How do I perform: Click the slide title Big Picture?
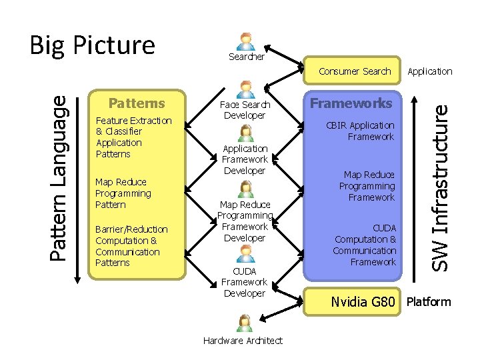coord(92,45)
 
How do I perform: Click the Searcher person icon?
coord(246,41)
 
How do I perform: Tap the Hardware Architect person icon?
coord(245,323)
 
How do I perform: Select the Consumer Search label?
coord(355,71)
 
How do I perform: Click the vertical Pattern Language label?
coord(59,177)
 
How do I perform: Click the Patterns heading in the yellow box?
coord(137,103)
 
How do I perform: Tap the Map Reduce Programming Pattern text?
coord(123,193)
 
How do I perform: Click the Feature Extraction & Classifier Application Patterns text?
coord(133,137)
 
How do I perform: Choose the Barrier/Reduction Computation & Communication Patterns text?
coord(131,246)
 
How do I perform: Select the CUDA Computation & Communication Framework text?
coord(365,245)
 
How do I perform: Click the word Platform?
coord(429,302)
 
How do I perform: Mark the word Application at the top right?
coord(429,71)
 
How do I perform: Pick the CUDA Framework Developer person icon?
coord(245,253)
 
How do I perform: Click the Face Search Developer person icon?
coord(246,89)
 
